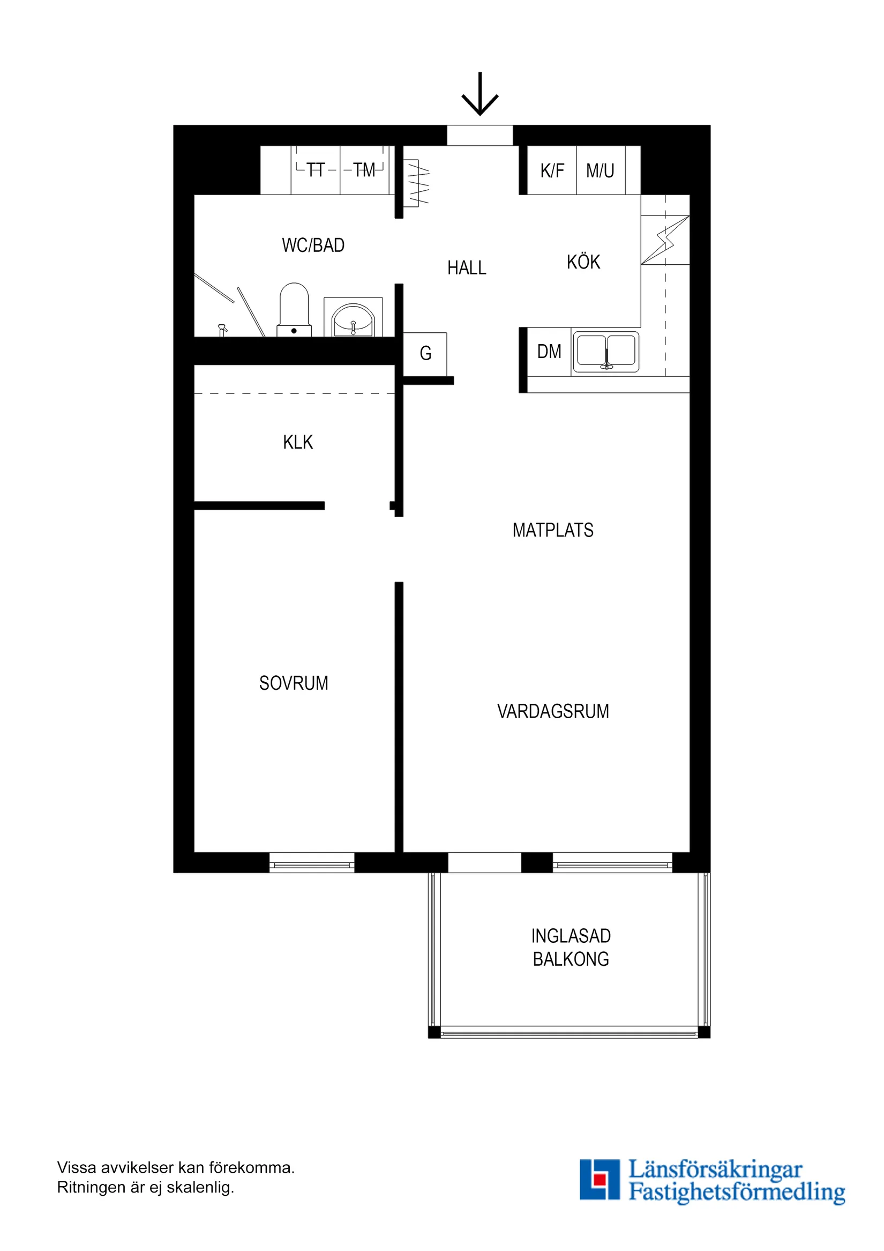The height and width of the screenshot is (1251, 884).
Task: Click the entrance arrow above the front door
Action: [x=480, y=94]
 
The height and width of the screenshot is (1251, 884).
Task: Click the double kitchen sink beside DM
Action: [x=605, y=352]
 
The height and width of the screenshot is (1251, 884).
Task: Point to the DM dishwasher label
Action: [x=549, y=352]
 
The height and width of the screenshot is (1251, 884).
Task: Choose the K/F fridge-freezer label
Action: [x=552, y=171]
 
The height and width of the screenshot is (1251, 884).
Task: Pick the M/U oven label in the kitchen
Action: [x=600, y=171]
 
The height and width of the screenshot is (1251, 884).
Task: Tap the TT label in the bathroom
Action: [x=316, y=170]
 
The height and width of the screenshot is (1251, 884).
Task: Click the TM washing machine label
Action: [x=364, y=170]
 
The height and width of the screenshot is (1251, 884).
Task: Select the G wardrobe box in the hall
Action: [x=425, y=354]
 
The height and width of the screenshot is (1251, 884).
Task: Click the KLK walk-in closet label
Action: [x=298, y=442]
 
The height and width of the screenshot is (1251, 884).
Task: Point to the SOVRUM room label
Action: [x=294, y=683]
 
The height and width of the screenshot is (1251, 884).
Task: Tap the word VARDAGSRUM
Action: [x=553, y=712]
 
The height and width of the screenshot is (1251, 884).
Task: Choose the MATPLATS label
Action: [x=553, y=530]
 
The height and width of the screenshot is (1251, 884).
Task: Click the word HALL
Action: [x=467, y=268]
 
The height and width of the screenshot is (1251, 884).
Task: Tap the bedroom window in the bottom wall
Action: [x=312, y=863]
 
